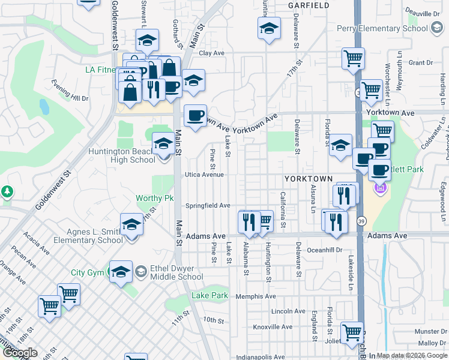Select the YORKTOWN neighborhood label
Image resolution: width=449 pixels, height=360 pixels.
click(308, 179)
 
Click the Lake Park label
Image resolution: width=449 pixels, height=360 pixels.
click(209, 295)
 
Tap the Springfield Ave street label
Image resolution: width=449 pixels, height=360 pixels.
click(208, 205)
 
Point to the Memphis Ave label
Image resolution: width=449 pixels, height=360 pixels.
click(256, 296)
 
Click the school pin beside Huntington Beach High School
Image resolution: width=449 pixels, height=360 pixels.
click(163, 144)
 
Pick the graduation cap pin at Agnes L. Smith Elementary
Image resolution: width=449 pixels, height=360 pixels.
click(131, 226)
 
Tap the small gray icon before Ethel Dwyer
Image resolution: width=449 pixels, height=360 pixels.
click(140, 271)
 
